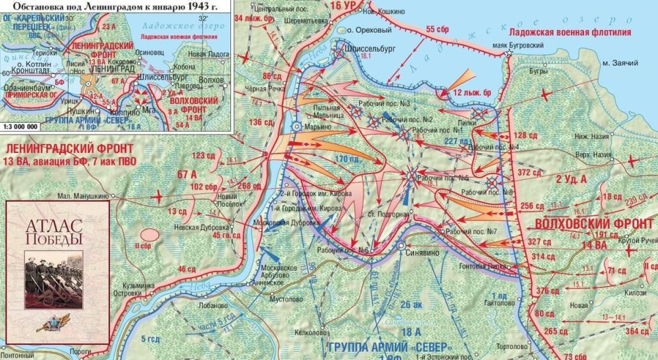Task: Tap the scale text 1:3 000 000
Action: pos(25,126)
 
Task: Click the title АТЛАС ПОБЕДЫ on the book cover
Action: pos(53,232)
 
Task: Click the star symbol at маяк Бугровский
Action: pos(509,53)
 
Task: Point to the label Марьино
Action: pos(317,127)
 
